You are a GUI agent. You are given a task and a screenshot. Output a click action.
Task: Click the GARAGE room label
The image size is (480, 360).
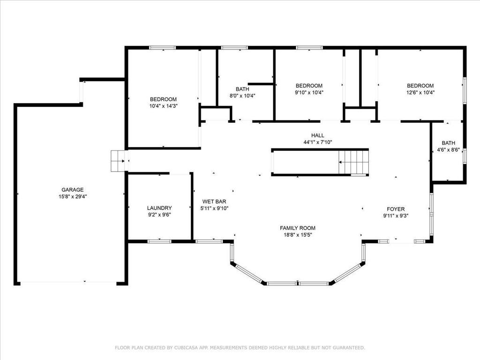point(73,190)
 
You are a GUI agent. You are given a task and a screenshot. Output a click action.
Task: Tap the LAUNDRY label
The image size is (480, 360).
point(159,208)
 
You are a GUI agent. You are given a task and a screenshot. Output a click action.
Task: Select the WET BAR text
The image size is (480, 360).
point(214,202)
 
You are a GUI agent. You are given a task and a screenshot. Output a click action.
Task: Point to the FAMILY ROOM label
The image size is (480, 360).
point(298,228)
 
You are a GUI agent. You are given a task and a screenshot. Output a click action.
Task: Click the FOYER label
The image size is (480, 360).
point(396,209)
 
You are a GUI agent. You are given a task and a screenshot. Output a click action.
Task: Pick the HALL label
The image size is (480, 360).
point(318,135)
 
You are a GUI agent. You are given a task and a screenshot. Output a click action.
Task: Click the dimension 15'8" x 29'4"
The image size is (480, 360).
point(73,196)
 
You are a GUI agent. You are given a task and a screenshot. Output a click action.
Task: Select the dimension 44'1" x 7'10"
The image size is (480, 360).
point(318,142)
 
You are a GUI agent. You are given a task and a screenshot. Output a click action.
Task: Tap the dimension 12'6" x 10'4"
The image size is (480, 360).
point(420,92)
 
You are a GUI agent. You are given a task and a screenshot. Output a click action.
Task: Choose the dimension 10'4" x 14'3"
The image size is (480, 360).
point(164,106)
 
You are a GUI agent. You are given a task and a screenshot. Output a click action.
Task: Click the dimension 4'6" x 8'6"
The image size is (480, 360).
point(449,150)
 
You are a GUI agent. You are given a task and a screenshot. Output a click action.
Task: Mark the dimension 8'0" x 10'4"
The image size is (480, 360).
point(242,96)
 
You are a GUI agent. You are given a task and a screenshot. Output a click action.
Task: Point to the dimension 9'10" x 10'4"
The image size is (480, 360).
point(309,92)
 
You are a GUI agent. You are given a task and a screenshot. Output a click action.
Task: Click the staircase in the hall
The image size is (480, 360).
point(353,163)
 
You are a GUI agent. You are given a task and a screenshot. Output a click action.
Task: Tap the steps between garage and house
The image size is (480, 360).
point(118,161)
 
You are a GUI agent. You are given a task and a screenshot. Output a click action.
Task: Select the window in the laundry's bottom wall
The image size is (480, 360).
point(159,241)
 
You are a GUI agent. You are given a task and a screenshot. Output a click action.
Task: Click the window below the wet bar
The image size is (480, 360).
point(209,241)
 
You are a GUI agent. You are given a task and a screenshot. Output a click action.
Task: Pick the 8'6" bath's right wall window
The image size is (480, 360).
point(465,156)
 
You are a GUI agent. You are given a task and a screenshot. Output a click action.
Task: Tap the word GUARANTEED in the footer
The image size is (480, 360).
point(349,348)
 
